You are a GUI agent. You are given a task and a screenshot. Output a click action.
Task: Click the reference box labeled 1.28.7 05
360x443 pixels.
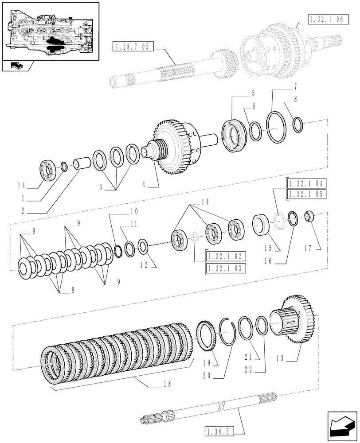point(133,47)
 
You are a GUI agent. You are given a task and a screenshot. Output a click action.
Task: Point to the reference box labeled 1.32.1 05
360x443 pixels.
point(306,194)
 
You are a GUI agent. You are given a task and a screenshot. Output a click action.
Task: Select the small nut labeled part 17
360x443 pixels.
point(309,217)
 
